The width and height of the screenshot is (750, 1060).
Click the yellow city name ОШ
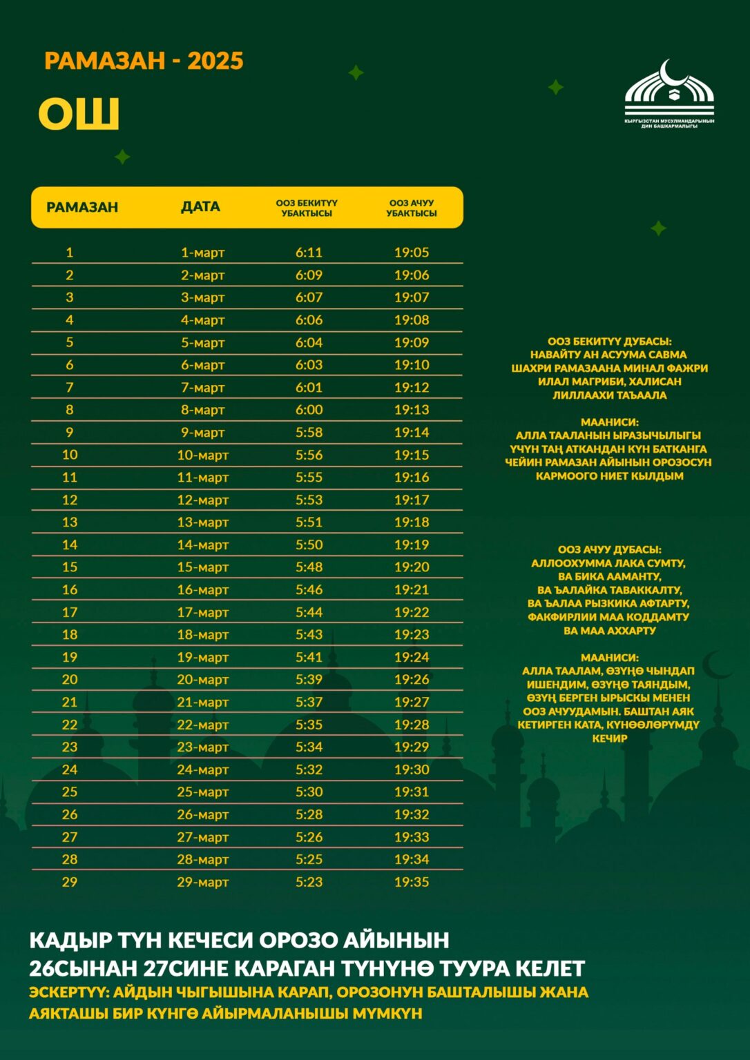[x=79, y=114]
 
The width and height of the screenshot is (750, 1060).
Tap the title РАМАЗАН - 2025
[x=144, y=61]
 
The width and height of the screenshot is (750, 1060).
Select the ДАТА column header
[x=200, y=206]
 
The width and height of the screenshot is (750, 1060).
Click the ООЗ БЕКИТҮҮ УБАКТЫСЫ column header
[x=307, y=208]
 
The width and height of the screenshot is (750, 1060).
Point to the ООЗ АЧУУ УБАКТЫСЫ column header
[x=412, y=208]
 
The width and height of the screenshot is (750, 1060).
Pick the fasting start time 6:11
[x=309, y=253]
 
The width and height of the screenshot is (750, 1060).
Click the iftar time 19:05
[x=412, y=253]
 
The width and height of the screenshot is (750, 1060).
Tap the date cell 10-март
[x=202, y=455]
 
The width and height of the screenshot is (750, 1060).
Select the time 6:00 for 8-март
[x=309, y=410]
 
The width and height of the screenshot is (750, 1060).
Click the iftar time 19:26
[x=412, y=679]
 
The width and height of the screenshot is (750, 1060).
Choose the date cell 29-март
[x=202, y=882]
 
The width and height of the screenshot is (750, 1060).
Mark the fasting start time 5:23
[x=309, y=882]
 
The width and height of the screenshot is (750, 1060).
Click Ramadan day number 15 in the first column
[x=70, y=567]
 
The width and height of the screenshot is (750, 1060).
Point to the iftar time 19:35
[x=412, y=882]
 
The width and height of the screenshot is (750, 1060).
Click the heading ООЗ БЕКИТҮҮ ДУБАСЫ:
[x=609, y=341]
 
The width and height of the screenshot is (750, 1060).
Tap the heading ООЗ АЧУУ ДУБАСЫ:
[x=609, y=549]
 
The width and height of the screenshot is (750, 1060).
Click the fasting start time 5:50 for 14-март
[x=309, y=544]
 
